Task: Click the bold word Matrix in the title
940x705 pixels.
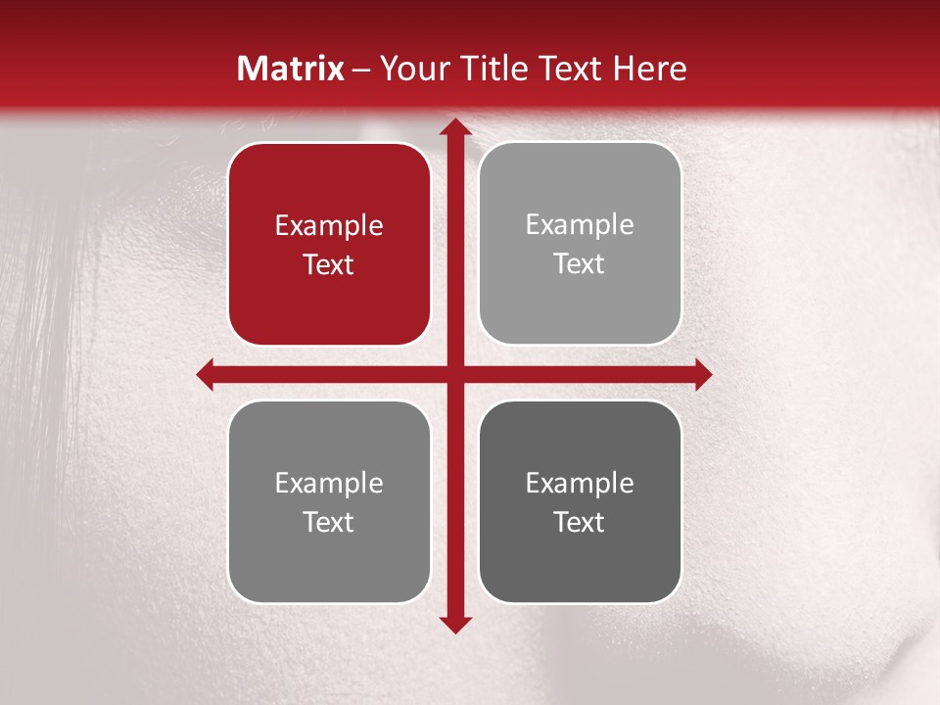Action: tap(291, 69)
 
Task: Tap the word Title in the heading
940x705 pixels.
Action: tap(489, 69)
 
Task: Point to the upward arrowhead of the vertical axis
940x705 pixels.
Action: tap(454, 128)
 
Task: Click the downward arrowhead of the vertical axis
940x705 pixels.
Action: tap(454, 624)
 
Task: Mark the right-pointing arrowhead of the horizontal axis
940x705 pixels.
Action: tap(702, 374)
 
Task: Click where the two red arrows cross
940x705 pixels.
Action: tap(454, 374)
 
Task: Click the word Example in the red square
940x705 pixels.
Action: tap(329, 226)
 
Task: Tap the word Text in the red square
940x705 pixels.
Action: tap(329, 265)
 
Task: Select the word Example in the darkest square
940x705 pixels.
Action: tap(580, 483)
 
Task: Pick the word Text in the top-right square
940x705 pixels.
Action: tap(580, 264)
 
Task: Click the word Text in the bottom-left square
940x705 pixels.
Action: tap(329, 522)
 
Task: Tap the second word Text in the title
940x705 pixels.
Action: tap(567, 69)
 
